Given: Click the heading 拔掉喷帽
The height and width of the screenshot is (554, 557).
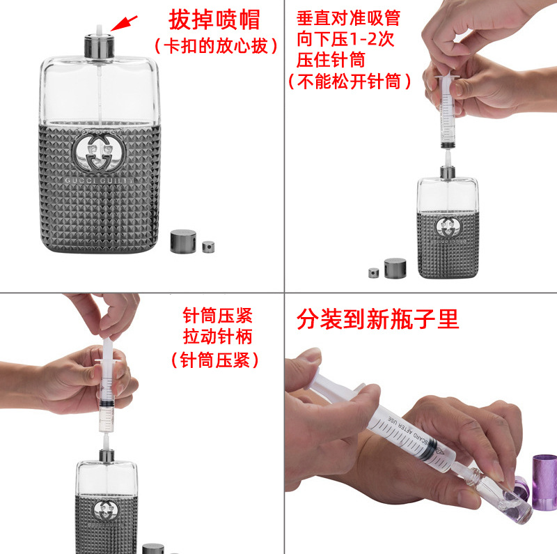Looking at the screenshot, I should point(214,19).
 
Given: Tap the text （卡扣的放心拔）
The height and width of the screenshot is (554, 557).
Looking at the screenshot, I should point(216,46).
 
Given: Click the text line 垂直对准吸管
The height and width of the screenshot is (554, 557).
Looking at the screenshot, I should point(348,17).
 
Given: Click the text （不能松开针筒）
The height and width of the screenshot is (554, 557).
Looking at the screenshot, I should point(350,82).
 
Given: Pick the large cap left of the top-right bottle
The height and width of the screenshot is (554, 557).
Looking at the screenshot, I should point(395,268).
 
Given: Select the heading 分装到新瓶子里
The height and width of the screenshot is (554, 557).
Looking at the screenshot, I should point(378,319).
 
